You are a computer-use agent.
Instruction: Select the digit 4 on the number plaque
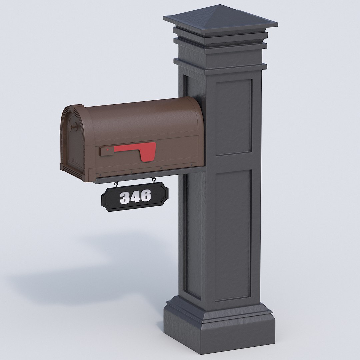135,197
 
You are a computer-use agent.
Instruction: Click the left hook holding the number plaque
116,184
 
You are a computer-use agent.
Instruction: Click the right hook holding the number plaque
154,180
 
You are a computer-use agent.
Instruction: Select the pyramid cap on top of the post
221,20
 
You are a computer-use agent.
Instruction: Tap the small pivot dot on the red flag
107,150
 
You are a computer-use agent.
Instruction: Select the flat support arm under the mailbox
150,175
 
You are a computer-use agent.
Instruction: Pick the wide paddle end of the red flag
148,152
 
